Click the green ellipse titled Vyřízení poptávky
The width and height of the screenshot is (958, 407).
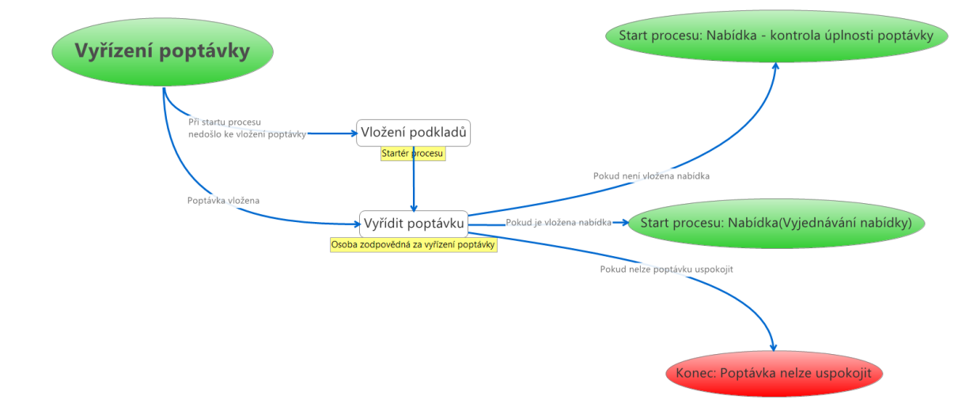pos(162,52)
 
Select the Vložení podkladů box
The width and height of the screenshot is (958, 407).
pos(414,133)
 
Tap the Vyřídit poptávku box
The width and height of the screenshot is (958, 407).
pos(414,224)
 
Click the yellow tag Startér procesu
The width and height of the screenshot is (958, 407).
pos(413,154)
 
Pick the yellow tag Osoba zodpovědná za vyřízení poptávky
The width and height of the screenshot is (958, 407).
pos(413,245)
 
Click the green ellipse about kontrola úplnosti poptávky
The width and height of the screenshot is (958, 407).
pos(776,36)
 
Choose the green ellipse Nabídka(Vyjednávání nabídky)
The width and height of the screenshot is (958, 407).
pos(776,224)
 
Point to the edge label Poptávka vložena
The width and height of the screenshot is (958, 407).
pos(224,201)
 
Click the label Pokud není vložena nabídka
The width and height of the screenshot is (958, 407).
pos(651,176)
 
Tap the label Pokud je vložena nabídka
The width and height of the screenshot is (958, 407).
pos(559,223)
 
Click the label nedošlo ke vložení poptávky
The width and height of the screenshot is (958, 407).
pos(247,134)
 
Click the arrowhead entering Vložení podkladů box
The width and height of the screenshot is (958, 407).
pos(353,134)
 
